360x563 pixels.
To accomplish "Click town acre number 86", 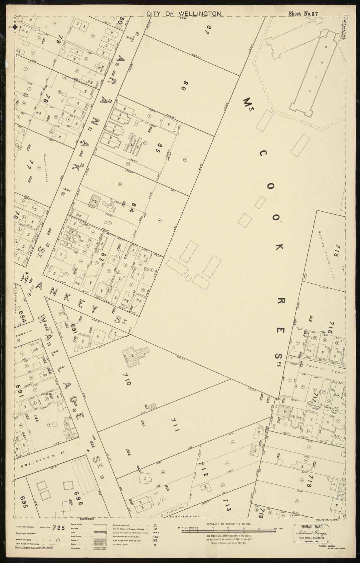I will [182, 86].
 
